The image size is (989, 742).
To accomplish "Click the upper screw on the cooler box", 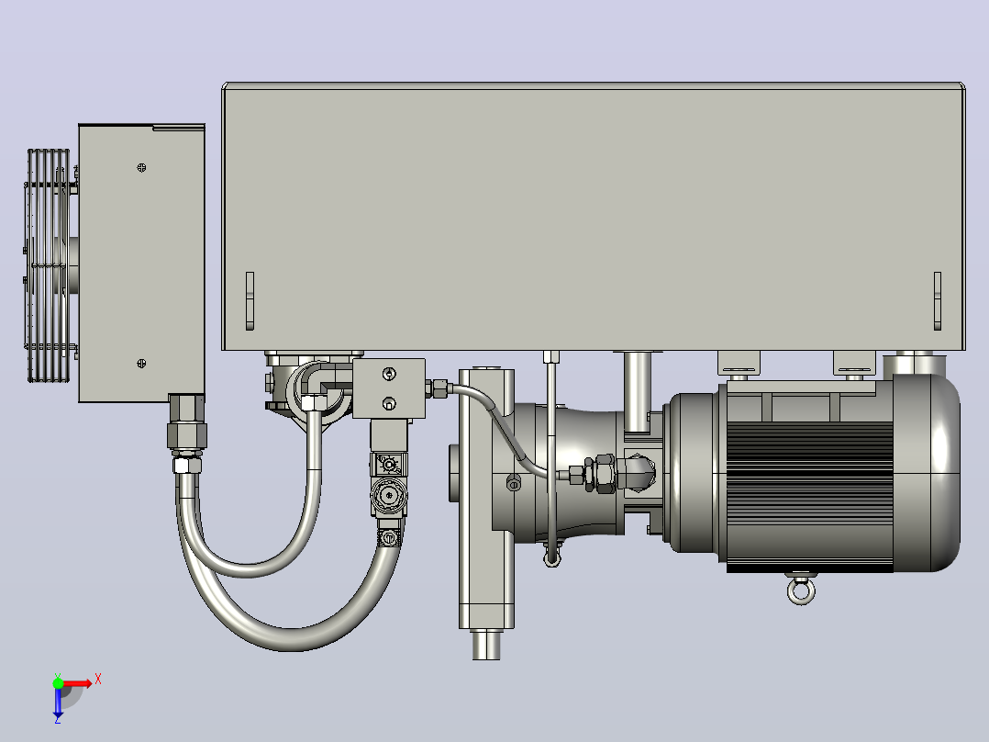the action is [x=141, y=167].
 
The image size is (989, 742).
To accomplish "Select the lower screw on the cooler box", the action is [x=141, y=363].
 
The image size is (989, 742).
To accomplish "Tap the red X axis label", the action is [x=98, y=680].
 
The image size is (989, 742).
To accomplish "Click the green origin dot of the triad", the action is [x=58, y=683].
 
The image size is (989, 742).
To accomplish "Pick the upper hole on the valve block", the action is [x=389, y=375].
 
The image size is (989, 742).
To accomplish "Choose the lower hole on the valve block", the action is [x=389, y=403].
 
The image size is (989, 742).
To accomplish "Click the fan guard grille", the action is [x=49, y=265].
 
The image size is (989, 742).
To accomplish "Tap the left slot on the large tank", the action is [x=250, y=300].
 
